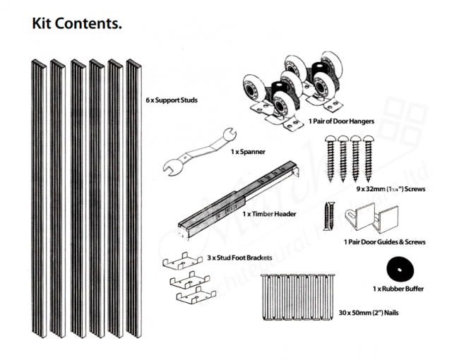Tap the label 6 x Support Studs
click(171, 100)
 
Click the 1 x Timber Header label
click(268, 213)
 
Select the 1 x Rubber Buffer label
click(403, 289)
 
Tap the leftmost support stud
click(38, 198)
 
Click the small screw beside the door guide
click(327, 215)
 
